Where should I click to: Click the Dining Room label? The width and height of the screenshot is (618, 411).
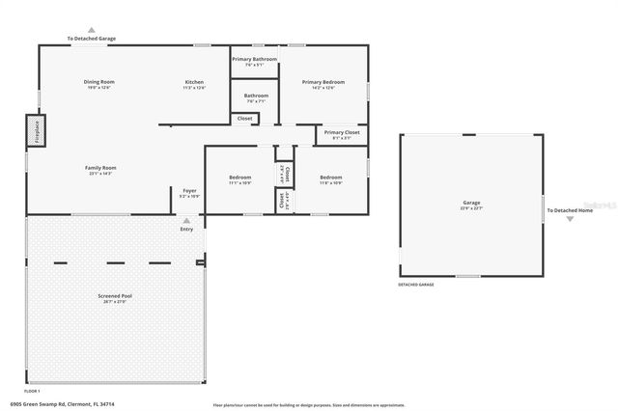pyautogui.click(x=99, y=83)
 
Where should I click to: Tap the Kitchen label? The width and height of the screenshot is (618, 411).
pyautogui.click(x=194, y=83)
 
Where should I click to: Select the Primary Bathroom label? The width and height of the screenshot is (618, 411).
pyautogui.click(x=255, y=59)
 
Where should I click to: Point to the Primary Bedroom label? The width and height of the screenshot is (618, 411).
pyautogui.click(x=319, y=83)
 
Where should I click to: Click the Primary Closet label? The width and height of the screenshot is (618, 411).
pyautogui.click(x=342, y=132)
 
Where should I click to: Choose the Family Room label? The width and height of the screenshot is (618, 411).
pyautogui.click(x=99, y=168)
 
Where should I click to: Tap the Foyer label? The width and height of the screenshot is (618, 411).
pyautogui.click(x=189, y=191)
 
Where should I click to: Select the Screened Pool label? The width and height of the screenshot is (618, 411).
pyautogui.click(x=114, y=296)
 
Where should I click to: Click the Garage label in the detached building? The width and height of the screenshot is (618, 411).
pyautogui.click(x=471, y=204)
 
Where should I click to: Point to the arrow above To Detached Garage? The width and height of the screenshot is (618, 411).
pyautogui.click(x=92, y=30)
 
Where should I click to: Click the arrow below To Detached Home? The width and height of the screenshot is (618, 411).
pyautogui.click(x=570, y=219)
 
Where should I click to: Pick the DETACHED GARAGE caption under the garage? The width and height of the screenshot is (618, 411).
pyautogui.click(x=416, y=286)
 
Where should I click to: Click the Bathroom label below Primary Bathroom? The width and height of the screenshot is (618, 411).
pyautogui.click(x=256, y=96)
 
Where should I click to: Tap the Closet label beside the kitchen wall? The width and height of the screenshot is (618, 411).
pyautogui.click(x=244, y=119)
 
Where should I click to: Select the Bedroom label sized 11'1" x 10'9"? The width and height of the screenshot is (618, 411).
pyautogui.click(x=239, y=178)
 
